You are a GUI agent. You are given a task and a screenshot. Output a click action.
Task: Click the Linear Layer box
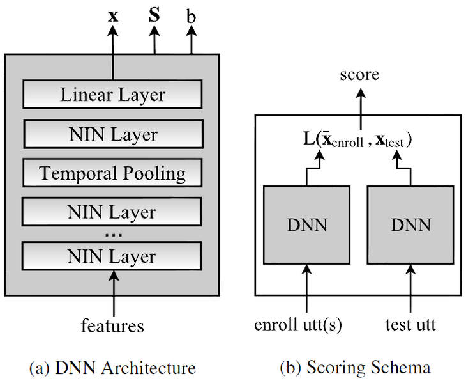(x=112, y=95)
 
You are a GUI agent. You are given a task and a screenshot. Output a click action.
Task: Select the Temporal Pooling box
(x=112, y=173)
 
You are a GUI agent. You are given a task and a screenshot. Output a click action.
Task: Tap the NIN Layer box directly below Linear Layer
(x=112, y=135)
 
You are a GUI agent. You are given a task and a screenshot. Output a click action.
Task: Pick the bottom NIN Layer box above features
(x=112, y=256)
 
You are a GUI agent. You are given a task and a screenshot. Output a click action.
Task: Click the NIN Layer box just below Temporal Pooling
(x=112, y=211)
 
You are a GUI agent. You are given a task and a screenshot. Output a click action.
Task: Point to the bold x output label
(x=113, y=16)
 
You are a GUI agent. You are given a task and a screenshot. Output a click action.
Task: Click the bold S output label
(x=154, y=15)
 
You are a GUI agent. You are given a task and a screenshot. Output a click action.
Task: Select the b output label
(x=191, y=15)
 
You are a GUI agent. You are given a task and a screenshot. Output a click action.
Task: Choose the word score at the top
(x=359, y=75)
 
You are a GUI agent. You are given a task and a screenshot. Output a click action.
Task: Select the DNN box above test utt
(x=410, y=224)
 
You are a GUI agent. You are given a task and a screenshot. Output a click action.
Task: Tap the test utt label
(x=410, y=325)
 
